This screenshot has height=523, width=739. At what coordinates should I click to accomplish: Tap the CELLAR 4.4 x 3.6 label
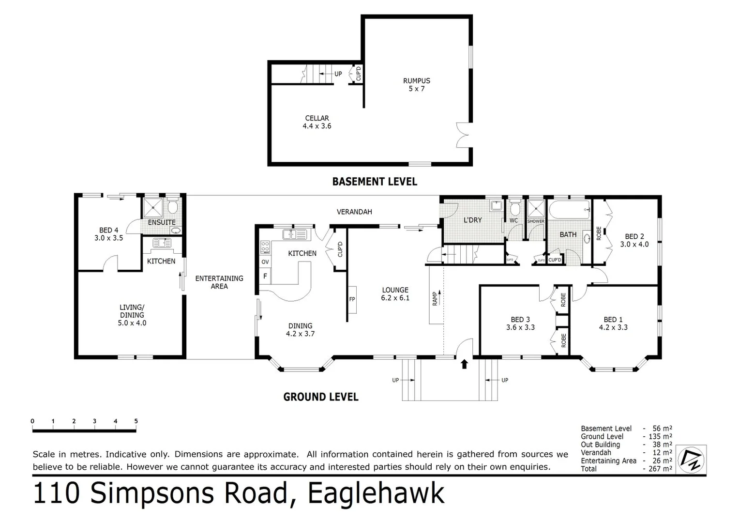[x=317, y=122]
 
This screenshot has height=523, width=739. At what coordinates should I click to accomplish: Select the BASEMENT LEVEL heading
[x=374, y=182]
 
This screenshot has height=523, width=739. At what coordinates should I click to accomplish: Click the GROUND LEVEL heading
[x=320, y=397]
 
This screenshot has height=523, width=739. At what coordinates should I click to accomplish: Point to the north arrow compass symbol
[x=691, y=459]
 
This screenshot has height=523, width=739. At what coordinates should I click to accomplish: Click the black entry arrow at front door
[x=465, y=364]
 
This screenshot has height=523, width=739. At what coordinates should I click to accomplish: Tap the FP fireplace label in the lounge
[x=352, y=299]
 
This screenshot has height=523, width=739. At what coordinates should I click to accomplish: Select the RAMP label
[x=435, y=298]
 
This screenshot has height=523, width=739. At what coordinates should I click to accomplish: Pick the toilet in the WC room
[x=514, y=208]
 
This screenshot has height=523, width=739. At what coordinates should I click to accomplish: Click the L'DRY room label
[x=472, y=220]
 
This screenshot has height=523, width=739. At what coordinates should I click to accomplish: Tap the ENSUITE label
[x=162, y=222]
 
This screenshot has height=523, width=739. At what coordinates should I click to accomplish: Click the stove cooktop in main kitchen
[x=265, y=247]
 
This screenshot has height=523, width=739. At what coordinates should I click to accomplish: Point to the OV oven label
[x=265, y=262]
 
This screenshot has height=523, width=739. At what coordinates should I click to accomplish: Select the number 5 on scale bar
[x=136, y=421]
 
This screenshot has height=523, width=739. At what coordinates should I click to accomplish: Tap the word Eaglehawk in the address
[x=376, y=493]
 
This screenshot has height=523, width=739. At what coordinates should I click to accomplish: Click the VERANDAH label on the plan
[x=354, y=212]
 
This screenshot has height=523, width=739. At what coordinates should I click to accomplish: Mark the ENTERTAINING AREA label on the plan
[x=219, y=282]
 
